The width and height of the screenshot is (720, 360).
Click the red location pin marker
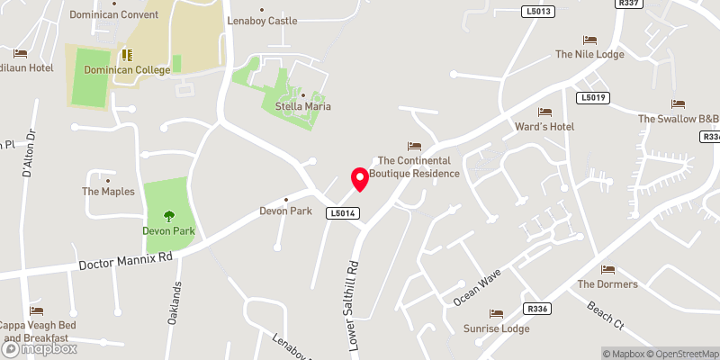tap(360, 178)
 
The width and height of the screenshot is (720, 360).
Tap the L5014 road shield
tap(345, 213)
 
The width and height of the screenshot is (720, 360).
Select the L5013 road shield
tap(537, 12)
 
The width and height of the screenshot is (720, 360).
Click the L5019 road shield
tap(593, 97)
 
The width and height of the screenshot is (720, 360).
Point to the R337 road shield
tap(628, 4)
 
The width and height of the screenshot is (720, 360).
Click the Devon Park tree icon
tap(168, 215)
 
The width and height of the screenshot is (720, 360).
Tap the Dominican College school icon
tap(126, 54)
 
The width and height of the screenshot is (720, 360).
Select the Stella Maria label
tap(303, 106)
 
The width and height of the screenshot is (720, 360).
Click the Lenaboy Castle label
tap(262, 19)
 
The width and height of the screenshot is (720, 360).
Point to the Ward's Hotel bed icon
tap(544, 112)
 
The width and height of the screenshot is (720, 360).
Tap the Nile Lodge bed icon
tap(589, 40)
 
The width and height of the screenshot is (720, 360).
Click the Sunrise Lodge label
tap(496, 328)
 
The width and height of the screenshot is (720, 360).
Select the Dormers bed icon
tap(607, 269)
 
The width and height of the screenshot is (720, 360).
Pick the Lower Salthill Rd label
tap(353, 305)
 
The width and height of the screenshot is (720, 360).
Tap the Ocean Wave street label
tap(477, 287)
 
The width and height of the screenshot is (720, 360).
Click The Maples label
tap(108, 192)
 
